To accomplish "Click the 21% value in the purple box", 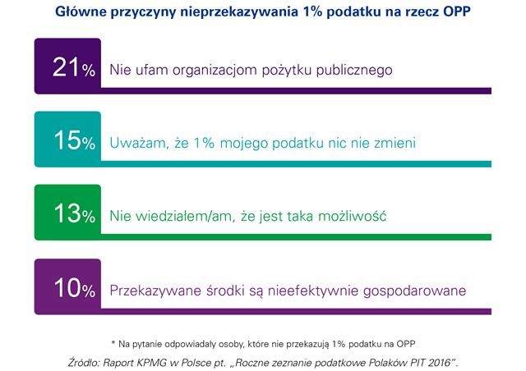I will pos(67,69).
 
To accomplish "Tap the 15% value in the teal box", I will pos(67,142).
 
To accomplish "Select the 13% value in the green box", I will pos(67,215).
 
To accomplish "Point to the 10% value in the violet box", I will pos(67,289).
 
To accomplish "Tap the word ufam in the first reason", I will pos(152,70).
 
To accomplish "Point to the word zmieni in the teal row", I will pos(393,143).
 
